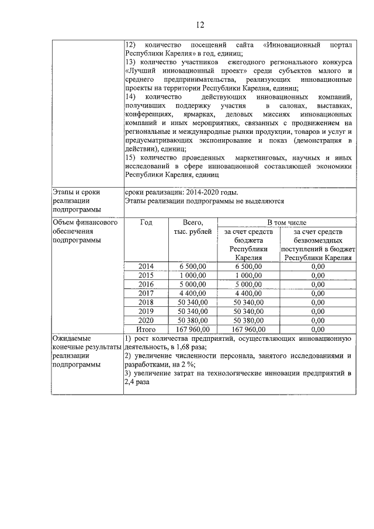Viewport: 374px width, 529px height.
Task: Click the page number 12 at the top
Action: coord(200,25)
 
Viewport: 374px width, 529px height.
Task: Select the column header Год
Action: coord(146,223)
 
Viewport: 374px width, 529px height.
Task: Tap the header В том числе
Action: coord(286,223)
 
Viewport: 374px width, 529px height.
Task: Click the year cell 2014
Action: coord(146,266)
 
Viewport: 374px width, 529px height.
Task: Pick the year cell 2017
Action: coord(146,293)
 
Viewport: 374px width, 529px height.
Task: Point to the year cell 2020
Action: coord(146,320)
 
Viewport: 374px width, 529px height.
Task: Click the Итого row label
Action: coord(146,329)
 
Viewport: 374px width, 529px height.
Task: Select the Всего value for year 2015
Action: coord(193,275)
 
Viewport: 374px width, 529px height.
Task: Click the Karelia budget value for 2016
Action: coord(248,284)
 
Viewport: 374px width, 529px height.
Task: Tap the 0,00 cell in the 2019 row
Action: coord(318,311)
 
